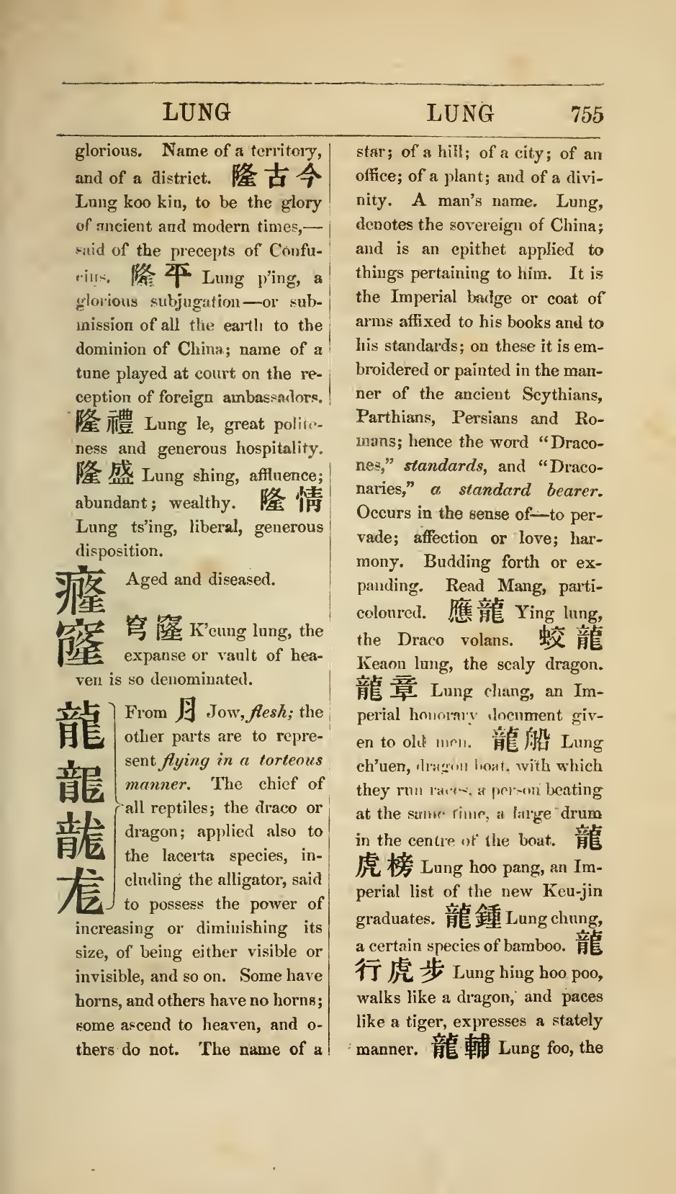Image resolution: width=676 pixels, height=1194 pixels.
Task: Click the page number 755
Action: [x=587, y=115]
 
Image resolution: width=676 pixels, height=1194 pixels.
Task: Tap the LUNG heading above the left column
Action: [x=196, y=112]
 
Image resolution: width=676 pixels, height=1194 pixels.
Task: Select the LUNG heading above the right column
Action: [x=461, y=113]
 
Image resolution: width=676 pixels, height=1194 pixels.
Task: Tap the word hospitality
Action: [x=277, y=449]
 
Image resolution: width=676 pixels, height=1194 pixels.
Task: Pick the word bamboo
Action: [x=536, y=945]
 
